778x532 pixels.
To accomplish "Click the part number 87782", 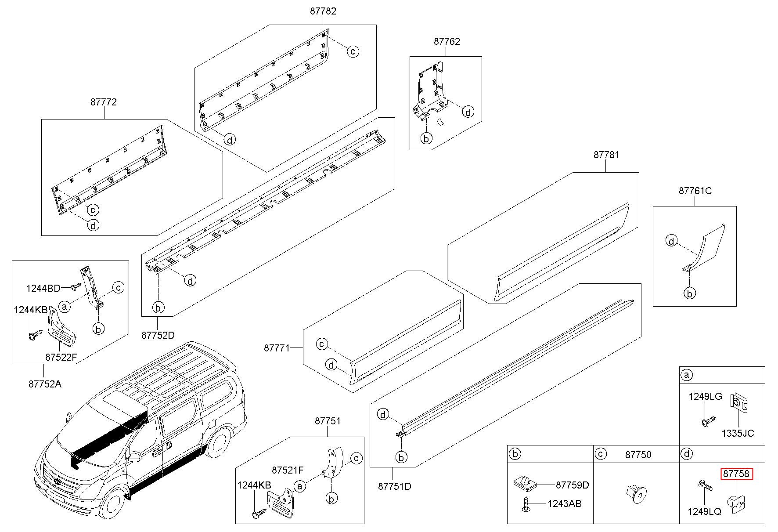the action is click(323, 11).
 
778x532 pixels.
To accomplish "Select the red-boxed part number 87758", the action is click(736, 474).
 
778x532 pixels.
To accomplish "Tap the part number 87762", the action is click(447, 42).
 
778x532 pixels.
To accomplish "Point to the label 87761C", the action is click(695, 191).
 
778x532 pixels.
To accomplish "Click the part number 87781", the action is click(607, 155).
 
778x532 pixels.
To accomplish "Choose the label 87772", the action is click(104, 102).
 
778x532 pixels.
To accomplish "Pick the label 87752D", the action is click(158, 335).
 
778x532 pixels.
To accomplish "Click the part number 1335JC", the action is click(738, 433).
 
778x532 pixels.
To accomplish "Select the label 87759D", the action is click(573, 485).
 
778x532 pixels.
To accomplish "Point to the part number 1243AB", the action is click(564, 503).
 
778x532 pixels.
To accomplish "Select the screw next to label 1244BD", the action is click(76, 287).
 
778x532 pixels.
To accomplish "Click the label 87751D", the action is click(395, 486).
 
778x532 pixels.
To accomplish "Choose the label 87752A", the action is click(45, 384).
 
